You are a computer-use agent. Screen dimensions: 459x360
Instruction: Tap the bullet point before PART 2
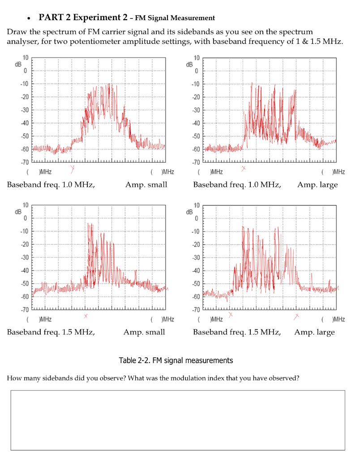click(29, 19)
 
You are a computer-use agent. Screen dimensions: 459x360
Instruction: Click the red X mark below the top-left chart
click(73, 169)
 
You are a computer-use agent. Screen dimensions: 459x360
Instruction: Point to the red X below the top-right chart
click(244, 169)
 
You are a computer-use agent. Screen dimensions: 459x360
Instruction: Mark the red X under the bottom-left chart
click(86, 316)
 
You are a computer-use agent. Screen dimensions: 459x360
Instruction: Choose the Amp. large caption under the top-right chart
click(317, 185)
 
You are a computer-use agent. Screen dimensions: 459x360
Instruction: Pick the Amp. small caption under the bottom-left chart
click(144, 332)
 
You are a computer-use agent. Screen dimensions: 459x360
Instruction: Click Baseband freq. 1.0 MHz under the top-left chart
click(51, 185)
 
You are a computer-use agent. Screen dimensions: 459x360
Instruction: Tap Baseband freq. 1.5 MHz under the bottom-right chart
click(237, 332)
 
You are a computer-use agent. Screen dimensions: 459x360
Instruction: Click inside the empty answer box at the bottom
click(178, 420)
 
